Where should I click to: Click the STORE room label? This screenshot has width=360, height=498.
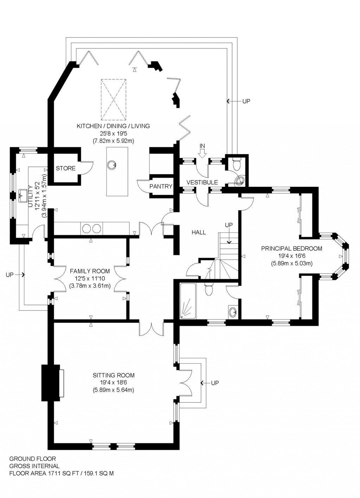click(65, 168)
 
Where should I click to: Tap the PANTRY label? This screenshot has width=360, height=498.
click(161, 186)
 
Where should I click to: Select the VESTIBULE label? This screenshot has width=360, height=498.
click(202, 182)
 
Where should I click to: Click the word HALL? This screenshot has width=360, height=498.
click(199, 232)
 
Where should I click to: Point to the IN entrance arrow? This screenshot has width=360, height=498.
click(202, 152)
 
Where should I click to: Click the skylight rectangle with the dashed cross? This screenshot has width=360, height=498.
click(114, 100)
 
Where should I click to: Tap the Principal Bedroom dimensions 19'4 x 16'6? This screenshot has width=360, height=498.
click(291, 256)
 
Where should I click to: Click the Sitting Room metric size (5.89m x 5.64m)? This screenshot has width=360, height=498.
click(113, 390)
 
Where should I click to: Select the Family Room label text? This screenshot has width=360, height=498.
click(90, 271)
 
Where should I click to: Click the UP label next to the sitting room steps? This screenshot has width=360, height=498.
click(215, 383)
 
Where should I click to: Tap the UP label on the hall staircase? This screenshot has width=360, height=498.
click(229, 225)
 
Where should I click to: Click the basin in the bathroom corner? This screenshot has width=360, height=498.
click(232, 312)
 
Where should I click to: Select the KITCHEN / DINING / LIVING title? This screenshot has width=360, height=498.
click(113, 126)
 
